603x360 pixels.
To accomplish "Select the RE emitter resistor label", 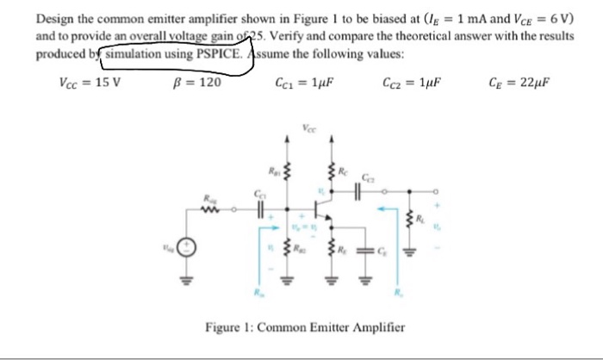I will click(343, 251).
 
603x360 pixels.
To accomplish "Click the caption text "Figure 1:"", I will click(230, 329).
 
